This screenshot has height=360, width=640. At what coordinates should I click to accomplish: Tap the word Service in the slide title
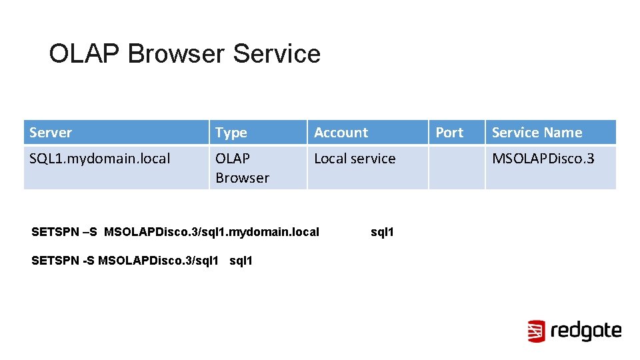(277, 54)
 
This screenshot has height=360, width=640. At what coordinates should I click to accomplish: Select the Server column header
(51, 133)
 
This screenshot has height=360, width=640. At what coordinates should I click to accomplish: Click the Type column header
(231, 133)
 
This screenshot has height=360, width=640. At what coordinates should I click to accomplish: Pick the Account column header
(341, 133)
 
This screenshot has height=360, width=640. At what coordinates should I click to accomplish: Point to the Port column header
(449, 133)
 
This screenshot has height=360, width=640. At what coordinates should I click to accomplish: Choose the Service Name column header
(537, 133)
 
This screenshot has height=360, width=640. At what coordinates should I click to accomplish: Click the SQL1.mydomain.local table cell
(100, 159)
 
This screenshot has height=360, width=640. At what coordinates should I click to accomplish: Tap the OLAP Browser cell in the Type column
(242, 168)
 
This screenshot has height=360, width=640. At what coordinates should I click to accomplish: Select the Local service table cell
(355, 159)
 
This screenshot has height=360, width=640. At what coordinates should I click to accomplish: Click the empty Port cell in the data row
(456, 168)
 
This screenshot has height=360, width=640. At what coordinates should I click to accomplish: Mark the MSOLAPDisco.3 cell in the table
(543, 159)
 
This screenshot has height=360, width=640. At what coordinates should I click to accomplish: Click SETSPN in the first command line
(55, 232)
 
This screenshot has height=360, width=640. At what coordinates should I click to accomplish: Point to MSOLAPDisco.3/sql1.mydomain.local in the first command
(211, 232)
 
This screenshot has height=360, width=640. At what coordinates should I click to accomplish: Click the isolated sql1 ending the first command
(382, 232)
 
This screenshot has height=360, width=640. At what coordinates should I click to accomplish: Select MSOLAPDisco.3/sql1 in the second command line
(159, 261)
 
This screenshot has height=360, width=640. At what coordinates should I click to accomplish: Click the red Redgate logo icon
(537, 331)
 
